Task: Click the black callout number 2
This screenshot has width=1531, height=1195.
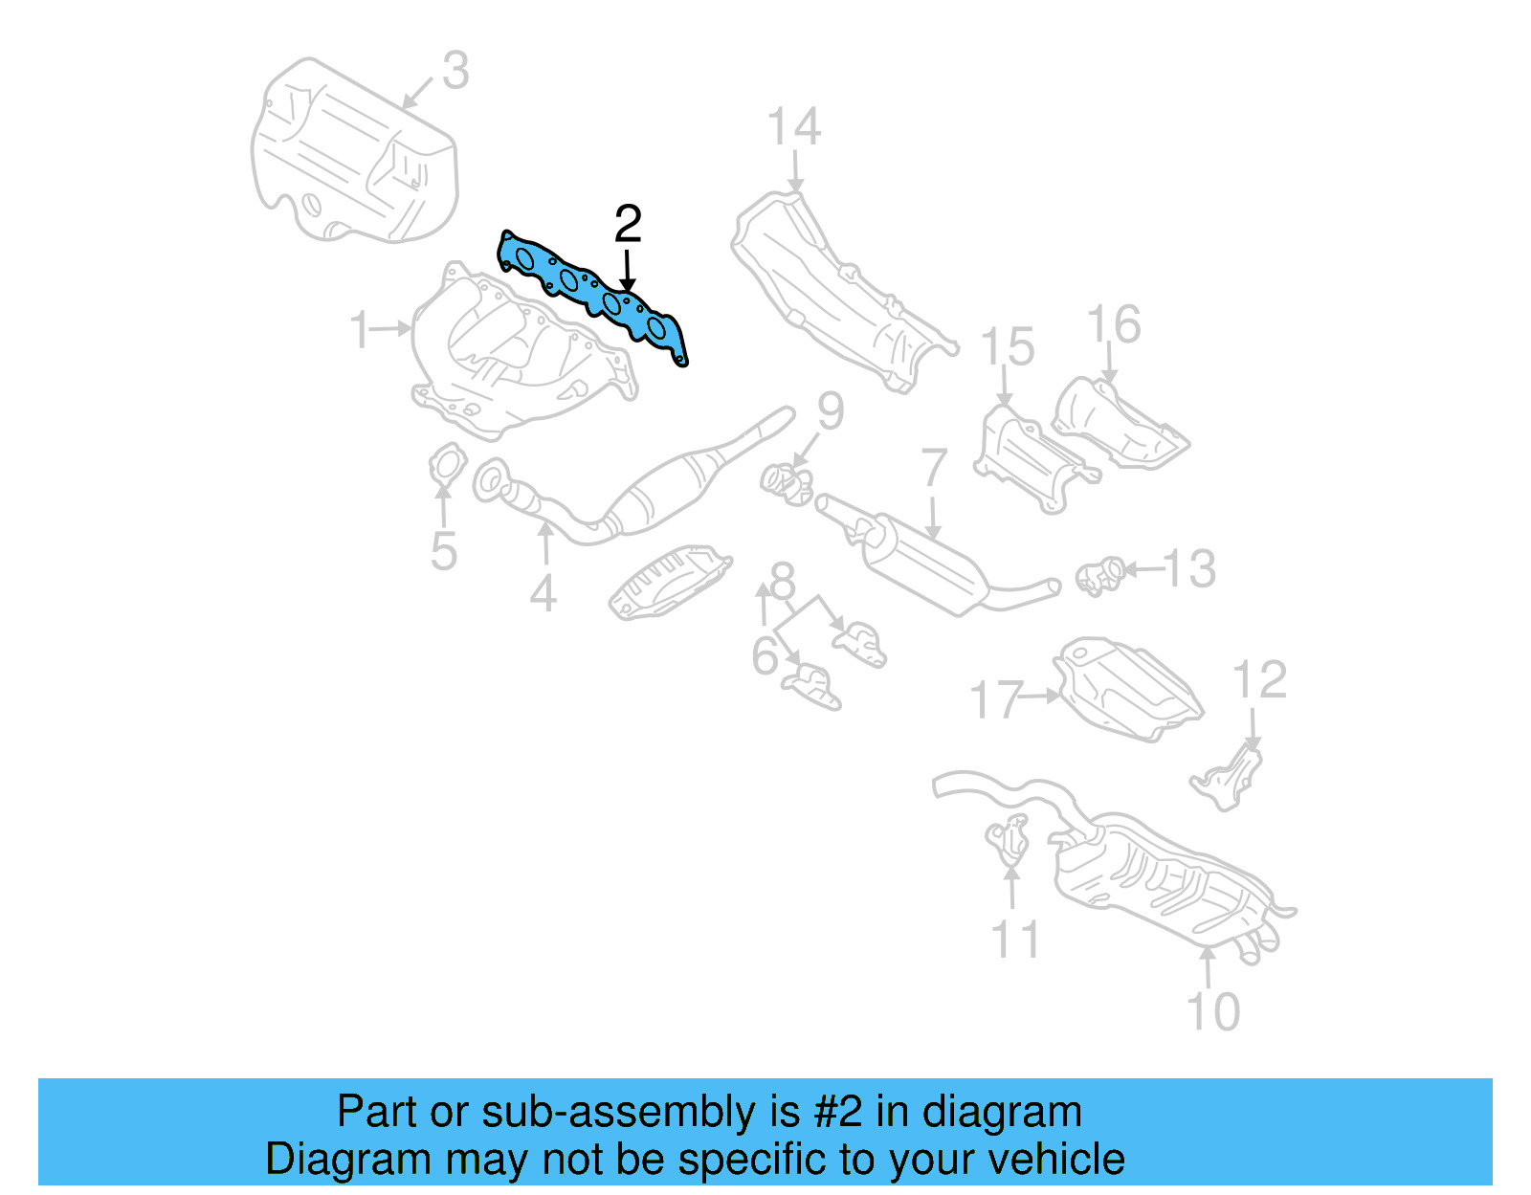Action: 628,224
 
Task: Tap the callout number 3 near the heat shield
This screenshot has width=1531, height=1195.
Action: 455,71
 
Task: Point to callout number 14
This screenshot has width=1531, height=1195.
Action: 794,127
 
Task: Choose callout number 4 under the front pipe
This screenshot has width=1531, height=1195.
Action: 544,593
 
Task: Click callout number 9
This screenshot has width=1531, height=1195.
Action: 830,411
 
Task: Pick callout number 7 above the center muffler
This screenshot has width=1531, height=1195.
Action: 934,469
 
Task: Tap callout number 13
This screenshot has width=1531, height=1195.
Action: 1189,569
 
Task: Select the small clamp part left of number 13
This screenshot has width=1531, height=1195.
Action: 1099,575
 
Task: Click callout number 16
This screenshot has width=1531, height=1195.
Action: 1115,324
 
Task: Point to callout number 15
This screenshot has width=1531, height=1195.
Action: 1008,346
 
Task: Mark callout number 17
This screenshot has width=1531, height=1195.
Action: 996,699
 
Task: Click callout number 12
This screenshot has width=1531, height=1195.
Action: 1259,680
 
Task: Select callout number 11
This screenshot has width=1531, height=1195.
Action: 1015,940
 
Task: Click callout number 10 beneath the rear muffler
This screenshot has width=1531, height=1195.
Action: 1212,1011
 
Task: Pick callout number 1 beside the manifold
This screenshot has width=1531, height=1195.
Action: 361,330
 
